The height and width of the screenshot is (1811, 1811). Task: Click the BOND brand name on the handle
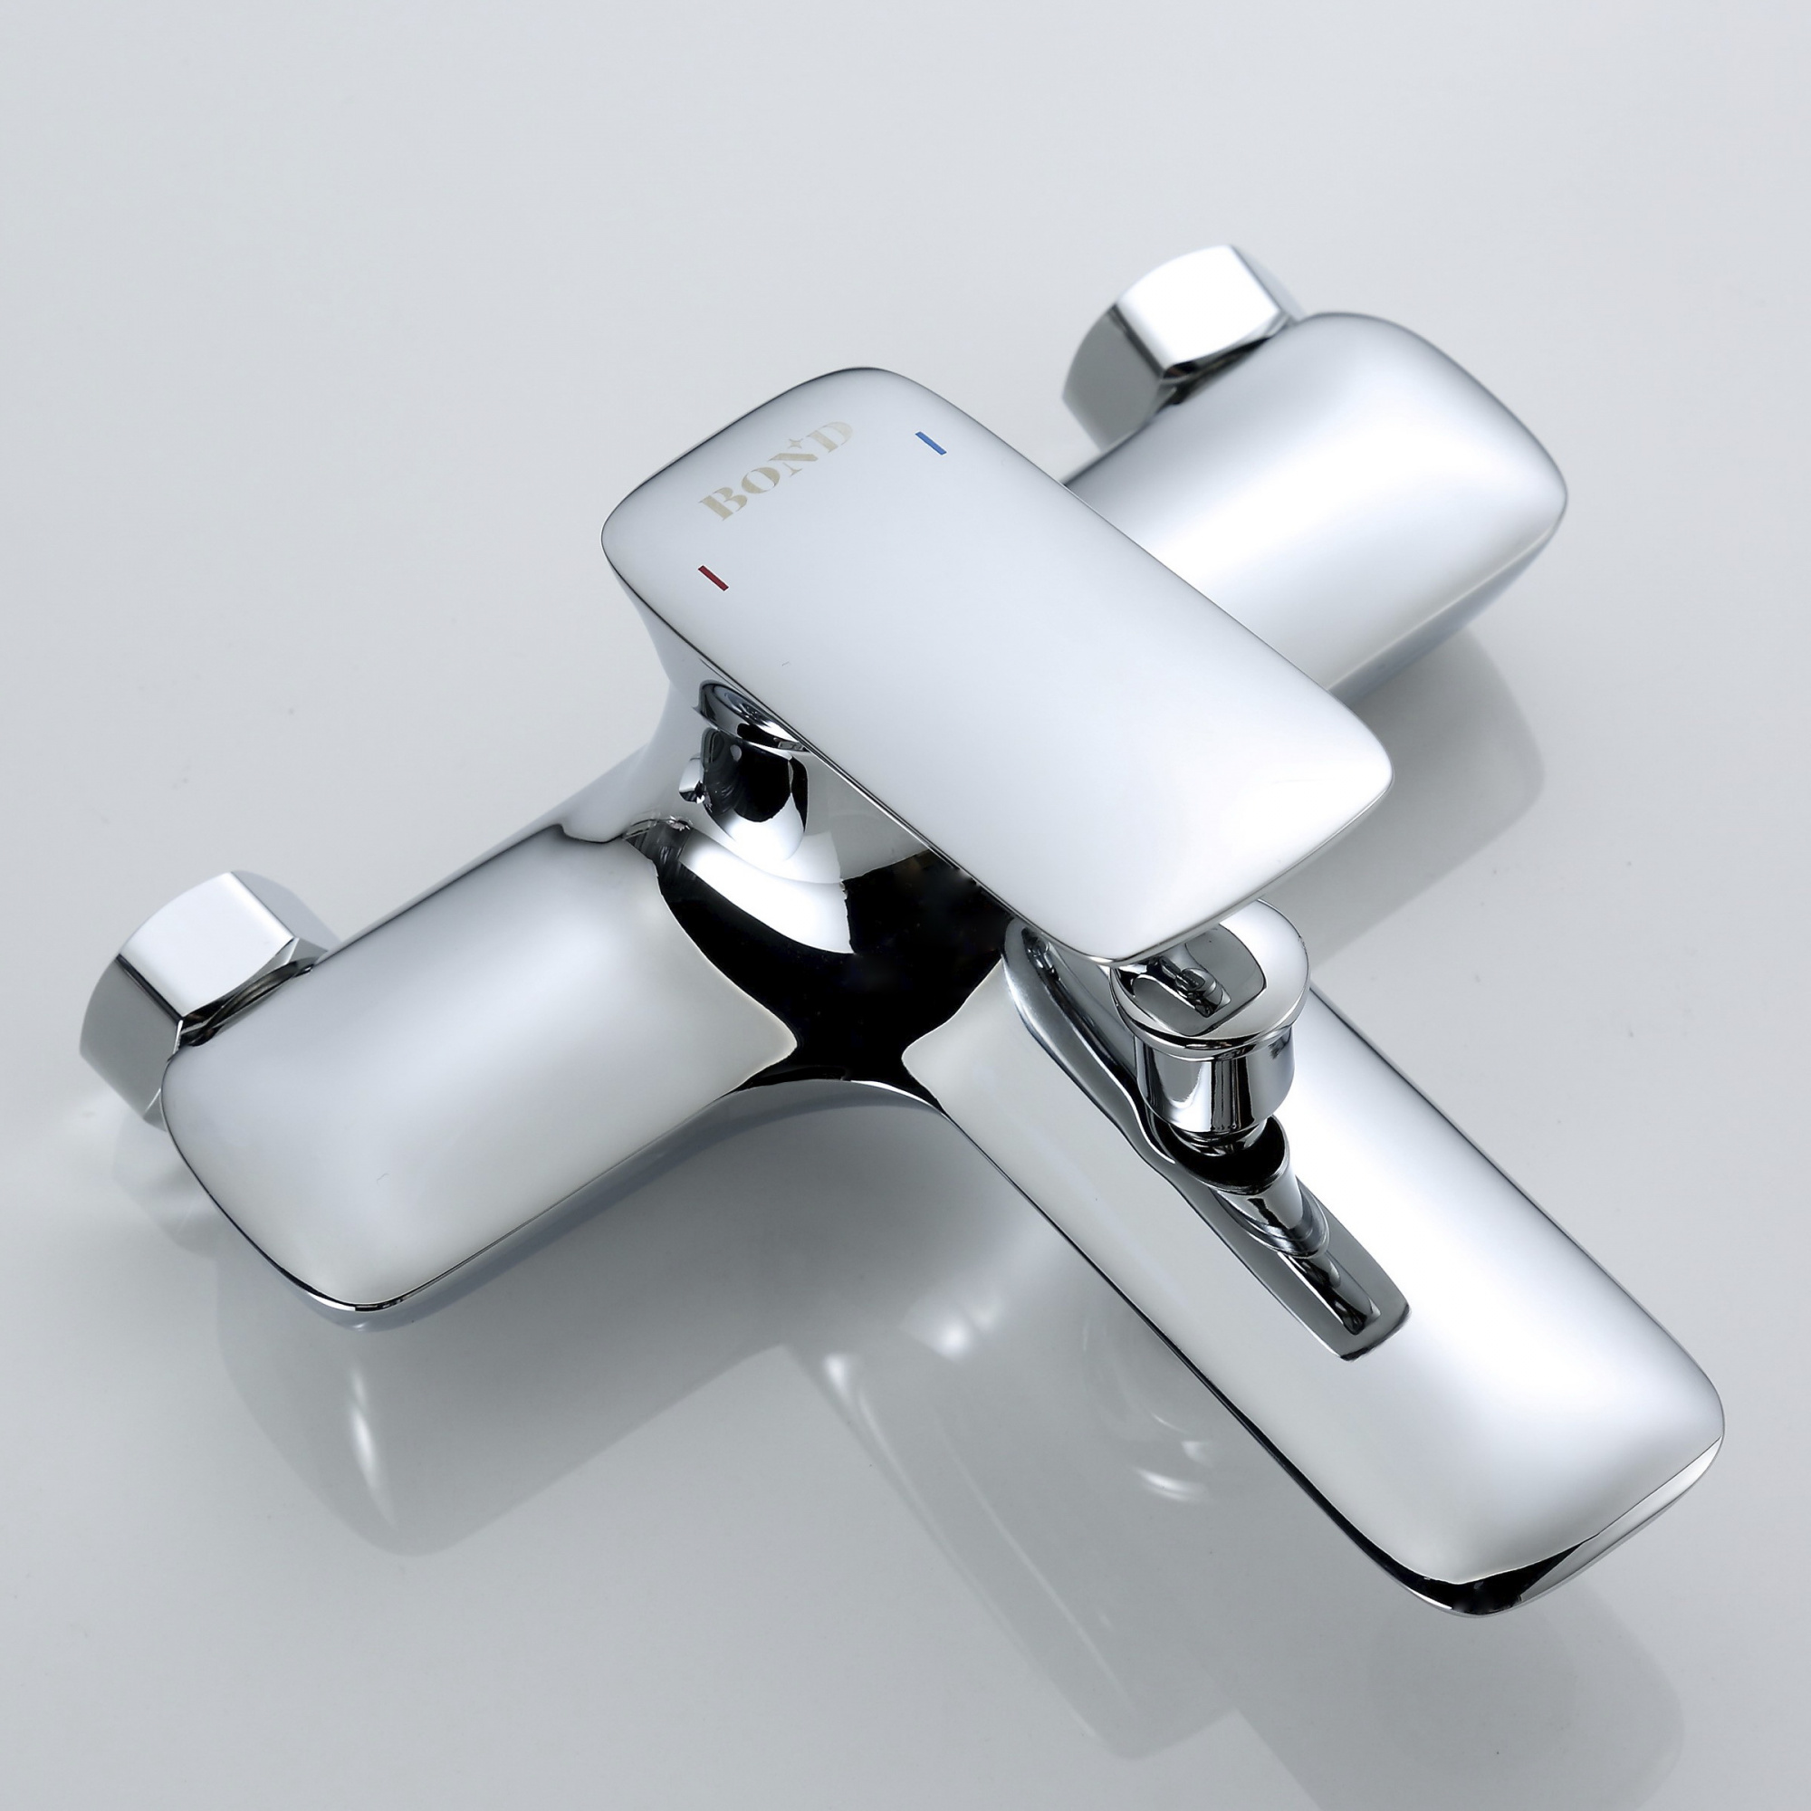[x=775, y=471]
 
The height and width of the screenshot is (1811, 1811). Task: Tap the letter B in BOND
[x=719, y=501]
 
